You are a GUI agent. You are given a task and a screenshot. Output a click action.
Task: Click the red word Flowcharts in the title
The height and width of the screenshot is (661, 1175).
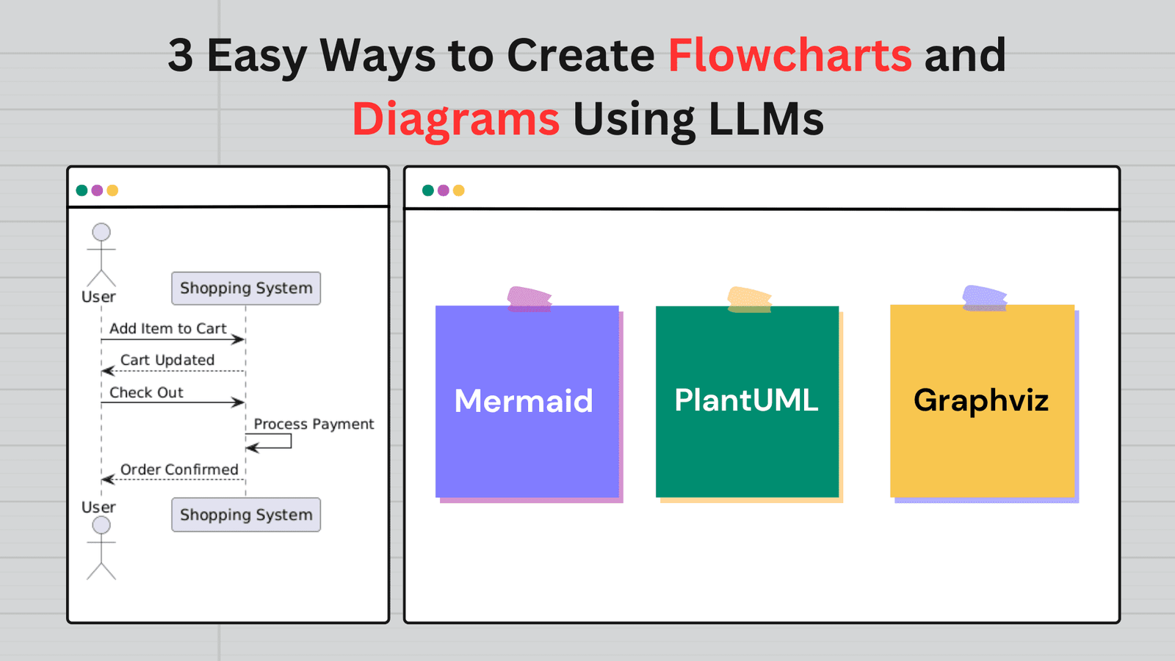click(x=790, y=55)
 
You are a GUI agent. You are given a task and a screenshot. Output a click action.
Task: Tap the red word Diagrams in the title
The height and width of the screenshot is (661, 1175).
click(x=456, y=120)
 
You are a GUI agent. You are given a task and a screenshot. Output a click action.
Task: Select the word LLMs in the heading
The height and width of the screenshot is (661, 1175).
click(x=766, y=118)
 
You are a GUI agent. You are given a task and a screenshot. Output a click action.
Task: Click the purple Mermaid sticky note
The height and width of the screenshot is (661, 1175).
click(x=527, y=401)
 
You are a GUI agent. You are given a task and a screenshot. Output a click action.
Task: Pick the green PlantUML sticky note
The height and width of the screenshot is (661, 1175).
click(x=747, y=401)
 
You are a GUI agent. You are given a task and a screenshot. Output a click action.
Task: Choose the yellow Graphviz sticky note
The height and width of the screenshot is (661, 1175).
click(x=982, y=401)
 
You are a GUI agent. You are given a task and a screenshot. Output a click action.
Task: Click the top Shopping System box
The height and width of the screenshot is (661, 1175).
click(x=246, y=288)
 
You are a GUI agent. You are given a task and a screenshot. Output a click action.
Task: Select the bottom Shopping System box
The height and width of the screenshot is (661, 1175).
click(x=246, y=515)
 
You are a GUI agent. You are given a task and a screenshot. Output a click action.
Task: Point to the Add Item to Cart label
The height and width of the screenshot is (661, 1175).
click(x=168, y=328)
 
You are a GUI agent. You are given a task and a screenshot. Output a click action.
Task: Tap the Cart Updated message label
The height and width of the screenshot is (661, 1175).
click(x=167, y=360)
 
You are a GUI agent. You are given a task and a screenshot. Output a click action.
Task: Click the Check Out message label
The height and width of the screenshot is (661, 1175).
click(x=146, y=392)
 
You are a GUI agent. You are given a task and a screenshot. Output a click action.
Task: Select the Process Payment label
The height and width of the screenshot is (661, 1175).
click(x=314, y=424)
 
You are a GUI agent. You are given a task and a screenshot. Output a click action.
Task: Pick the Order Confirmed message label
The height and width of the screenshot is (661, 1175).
click(x=179, y=469)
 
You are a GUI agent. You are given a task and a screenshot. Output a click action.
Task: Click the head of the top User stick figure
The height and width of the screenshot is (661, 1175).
click(x=101, y=232)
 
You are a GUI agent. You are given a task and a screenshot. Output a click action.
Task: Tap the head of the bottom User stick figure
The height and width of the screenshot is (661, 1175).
click(x=101, y=525)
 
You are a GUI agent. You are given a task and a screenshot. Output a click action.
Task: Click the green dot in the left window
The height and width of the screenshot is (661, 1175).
click(x=82, y=190)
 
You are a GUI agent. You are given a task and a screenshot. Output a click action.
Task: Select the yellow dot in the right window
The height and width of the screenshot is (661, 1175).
click(x=458, y=190)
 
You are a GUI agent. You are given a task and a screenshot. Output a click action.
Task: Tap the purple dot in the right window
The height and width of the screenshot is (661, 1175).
click(x=444, y=190)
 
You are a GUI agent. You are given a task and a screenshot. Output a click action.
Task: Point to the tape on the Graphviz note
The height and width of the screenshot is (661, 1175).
click(x=985, y=298)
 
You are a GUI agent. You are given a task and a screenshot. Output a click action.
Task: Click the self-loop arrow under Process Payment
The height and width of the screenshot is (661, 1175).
click(x=291, y=441)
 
